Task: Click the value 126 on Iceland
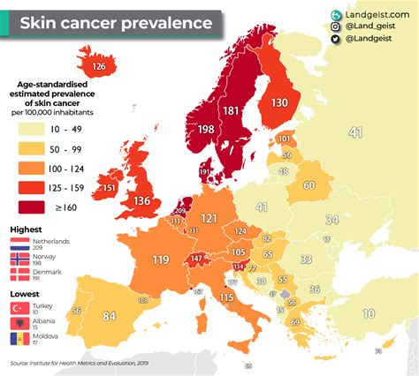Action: [100, 66]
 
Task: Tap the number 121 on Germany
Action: [209, 218]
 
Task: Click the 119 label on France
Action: [161, 259]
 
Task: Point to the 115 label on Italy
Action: [226, 298]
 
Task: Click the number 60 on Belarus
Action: [309, 185]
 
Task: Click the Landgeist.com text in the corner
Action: [374, 15]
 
